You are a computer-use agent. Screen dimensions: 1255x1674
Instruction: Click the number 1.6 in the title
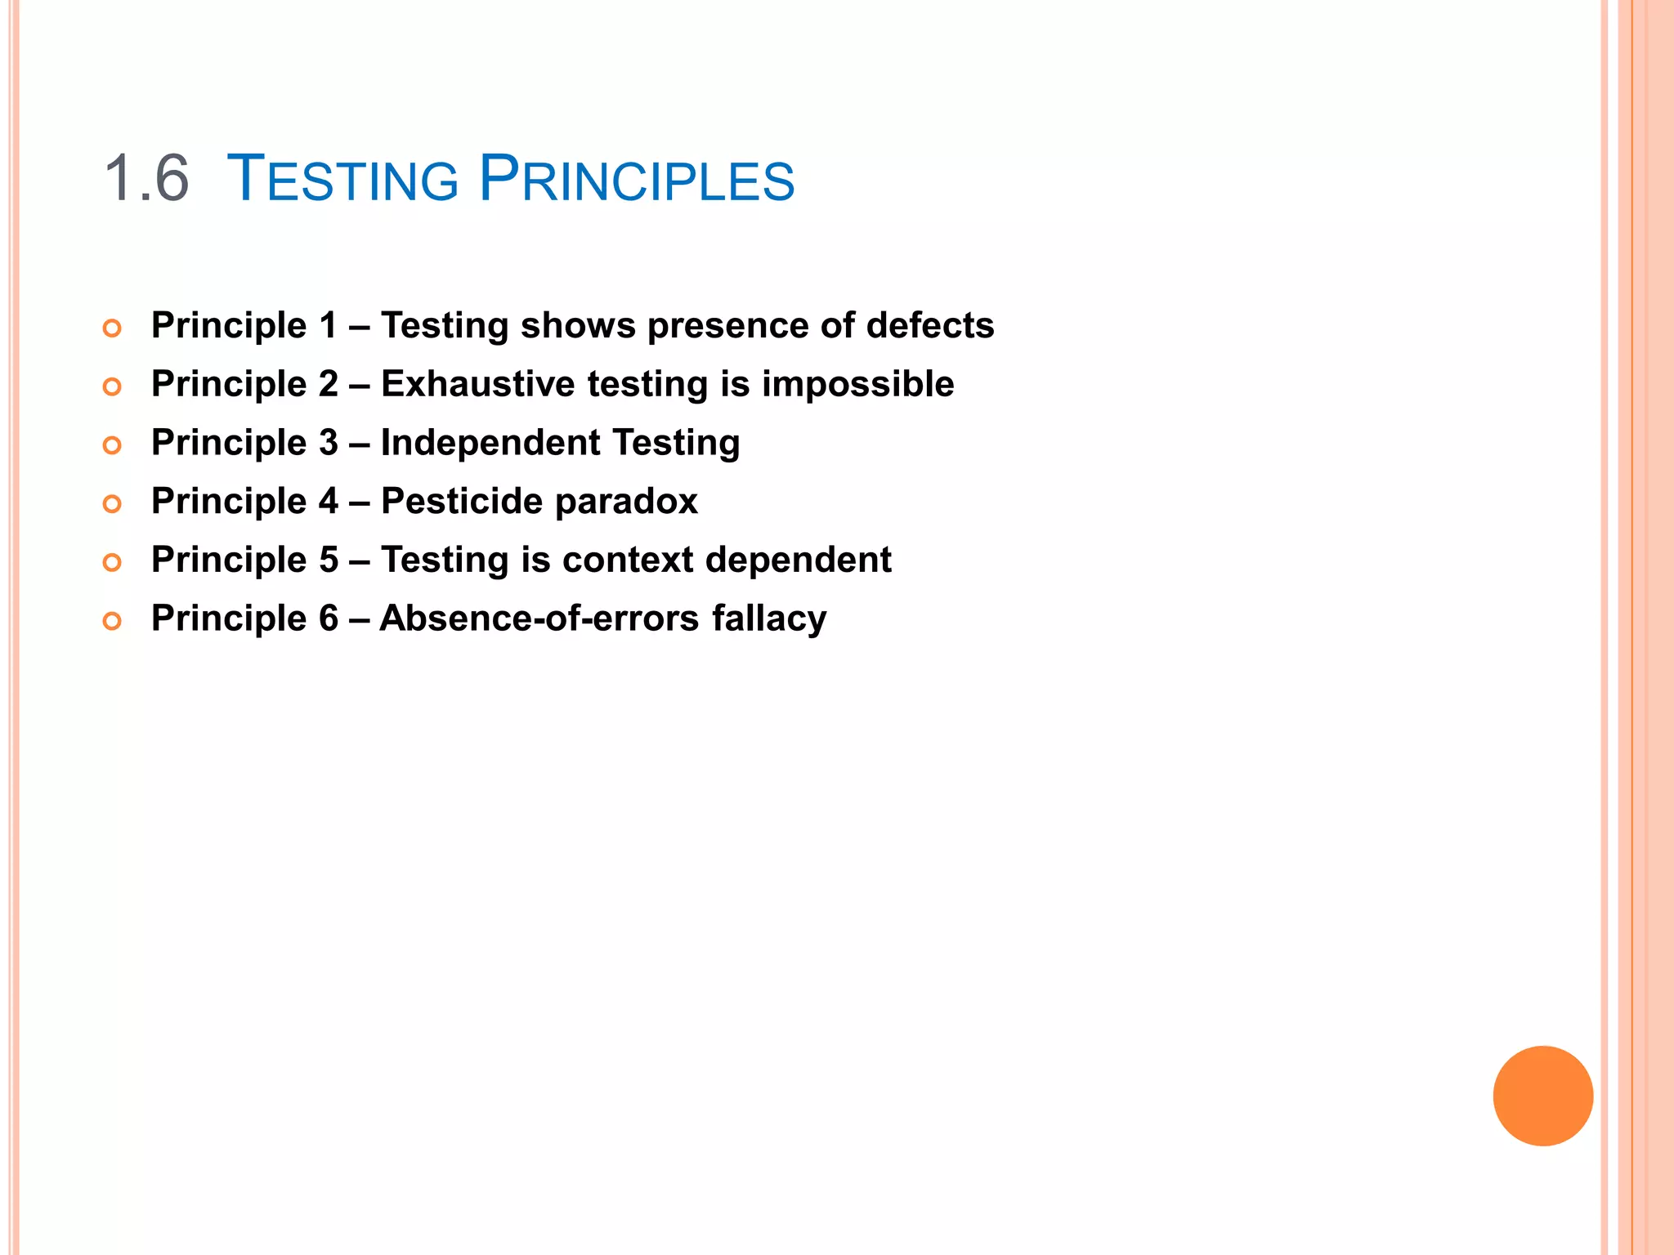pyautogui.click(x=147, y=179)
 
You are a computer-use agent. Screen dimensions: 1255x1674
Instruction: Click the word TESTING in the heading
pyautogui.click(x=342, y=179)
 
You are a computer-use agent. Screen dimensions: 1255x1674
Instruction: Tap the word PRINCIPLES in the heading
pyautogui.click(x=636, y=179)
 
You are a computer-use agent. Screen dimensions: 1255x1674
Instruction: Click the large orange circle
pyautogui.click(x=1542, y=1096)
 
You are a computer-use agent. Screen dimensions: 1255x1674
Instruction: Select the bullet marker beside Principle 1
pyautogui.click(x=112, y=328)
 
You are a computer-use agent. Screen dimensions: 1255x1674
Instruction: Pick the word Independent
pyautogui.click(x=490, y=443)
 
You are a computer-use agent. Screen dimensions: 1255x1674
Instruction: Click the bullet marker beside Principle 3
pyautogui.click(x=112, y=445)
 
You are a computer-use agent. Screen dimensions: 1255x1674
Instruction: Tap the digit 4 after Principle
pyautogui.click(x=328, y=501)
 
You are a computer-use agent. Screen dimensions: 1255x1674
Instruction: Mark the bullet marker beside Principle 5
pyautogui.click(x=112, y=562)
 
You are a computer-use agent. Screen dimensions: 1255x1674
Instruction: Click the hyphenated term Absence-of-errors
pyautogui.click(x=539, y=619)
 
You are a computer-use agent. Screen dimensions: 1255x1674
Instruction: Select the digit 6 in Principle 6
pyautogui.click(x=328, y=619)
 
